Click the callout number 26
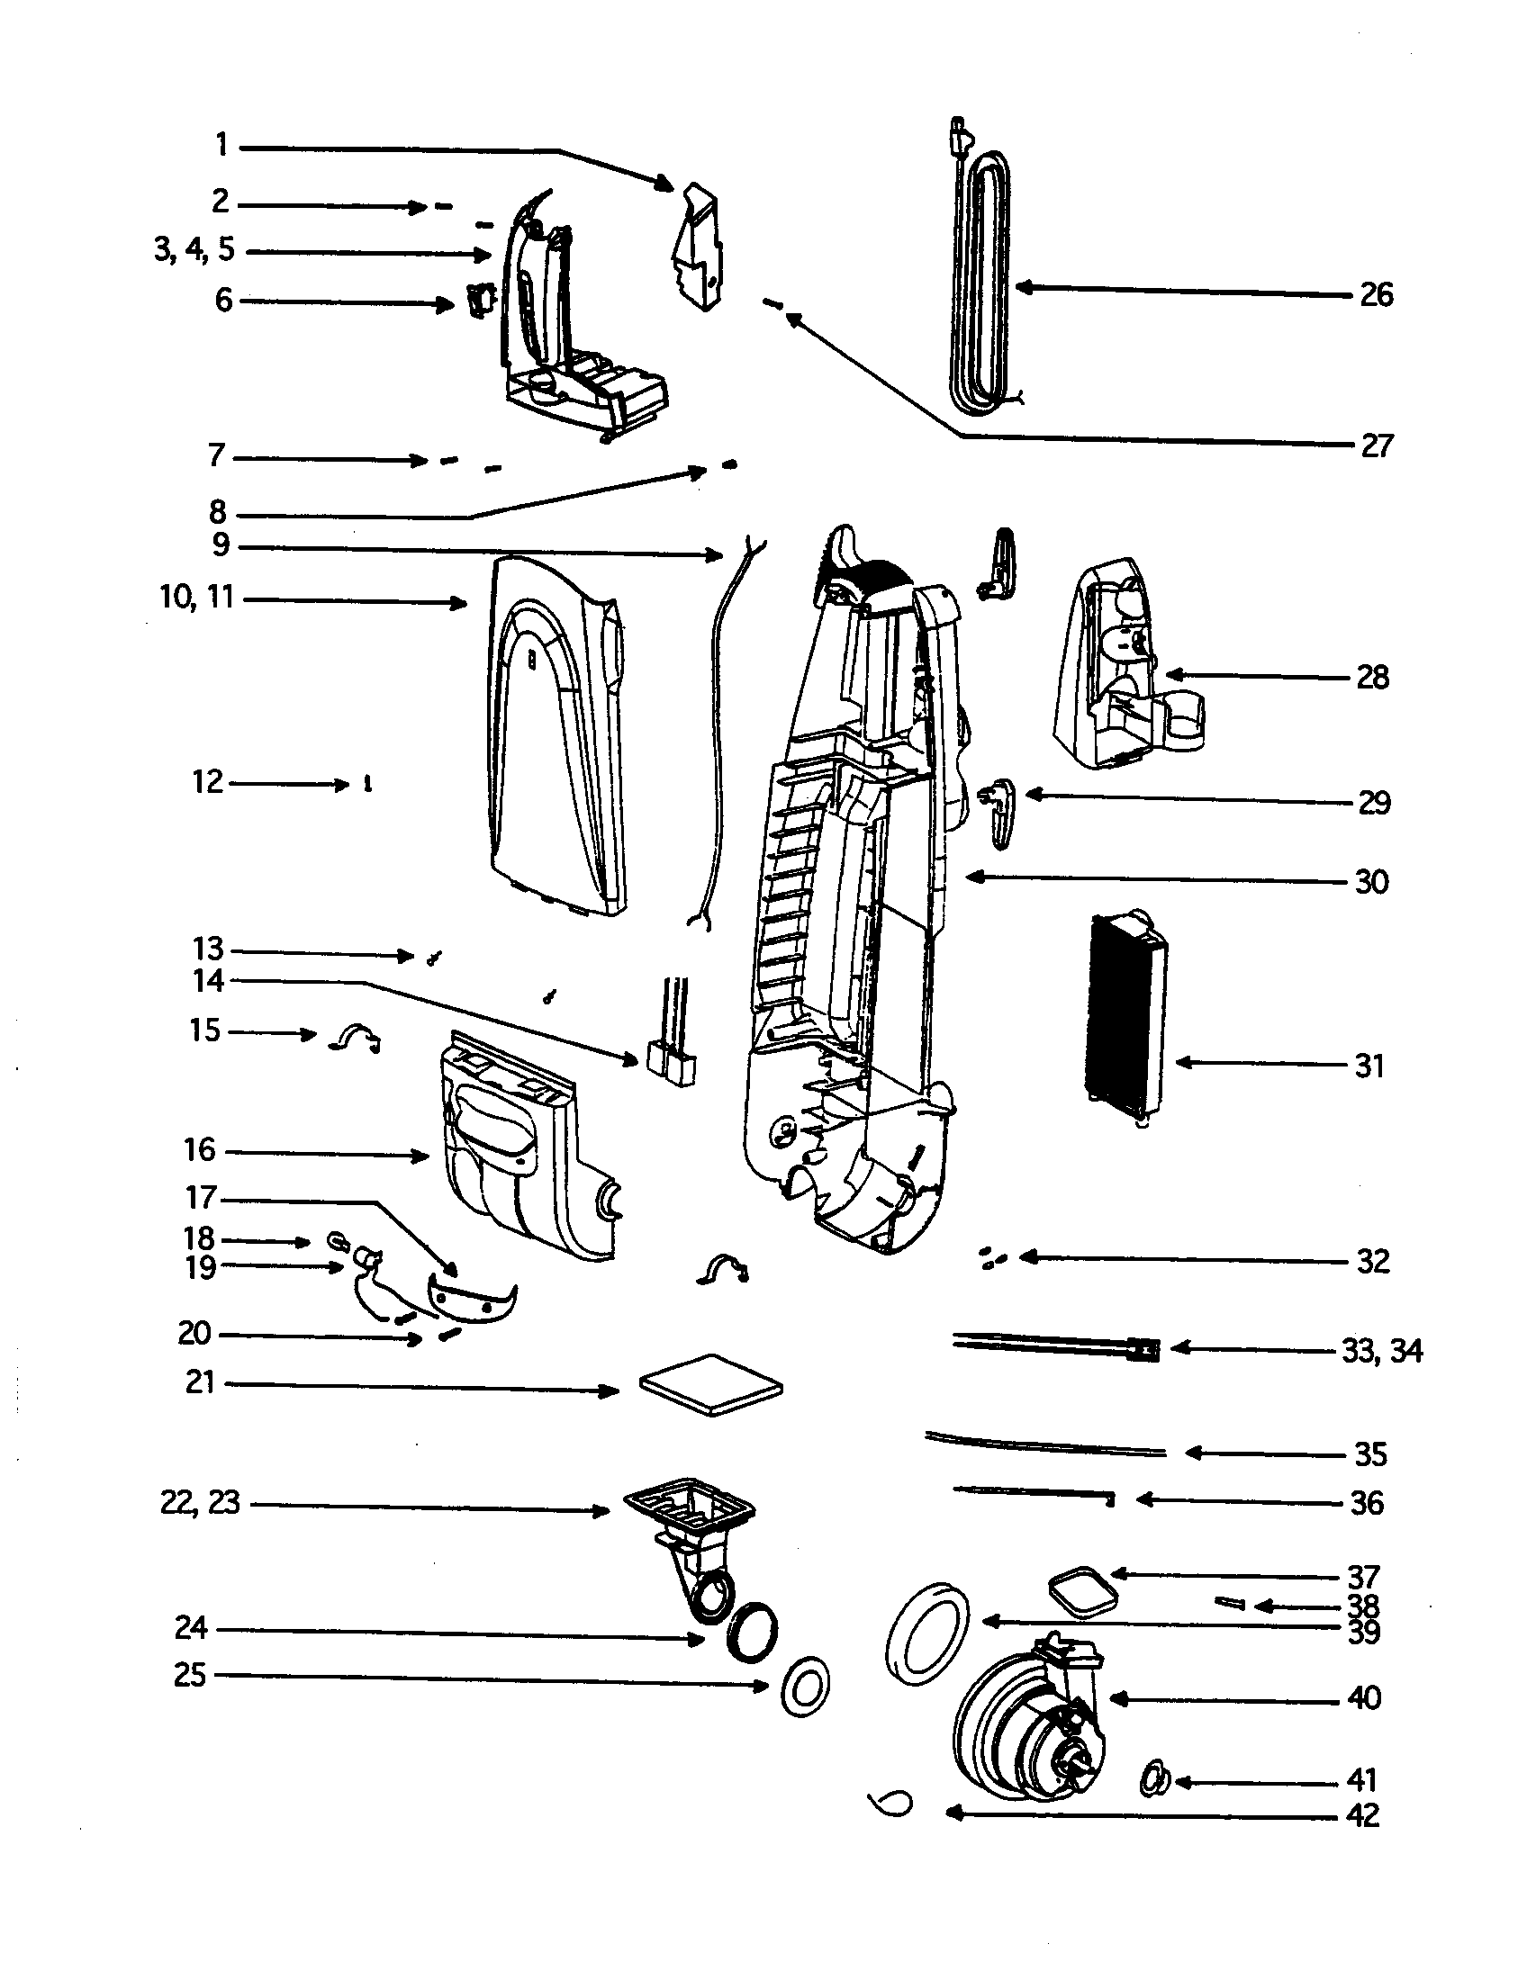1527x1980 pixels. (1376, 294)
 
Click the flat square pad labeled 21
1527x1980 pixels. (711, 1385)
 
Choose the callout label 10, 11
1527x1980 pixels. (197, 598)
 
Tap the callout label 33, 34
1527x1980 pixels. (1381, 1351)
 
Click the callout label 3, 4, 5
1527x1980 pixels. (194, 249)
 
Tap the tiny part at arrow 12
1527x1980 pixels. (367, 783)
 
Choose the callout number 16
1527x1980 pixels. (200, 1149)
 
